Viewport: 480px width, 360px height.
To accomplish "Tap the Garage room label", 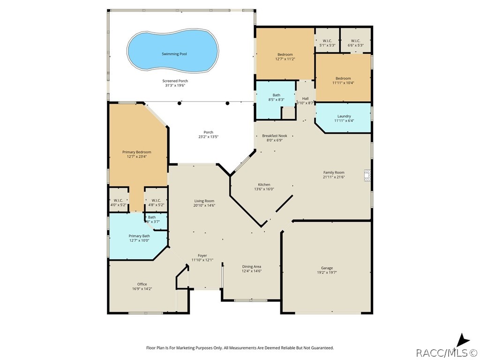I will click(327, 269).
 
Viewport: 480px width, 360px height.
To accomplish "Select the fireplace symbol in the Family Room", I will click(367, 174).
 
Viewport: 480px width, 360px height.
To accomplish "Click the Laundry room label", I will click(344, 116).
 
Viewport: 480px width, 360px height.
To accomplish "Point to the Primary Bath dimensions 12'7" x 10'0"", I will click(139, 240).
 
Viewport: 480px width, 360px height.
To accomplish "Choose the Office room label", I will click(142, 284).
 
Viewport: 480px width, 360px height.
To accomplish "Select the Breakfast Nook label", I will click(274, 135).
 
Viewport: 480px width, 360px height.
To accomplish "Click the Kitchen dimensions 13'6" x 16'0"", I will click(264, 189).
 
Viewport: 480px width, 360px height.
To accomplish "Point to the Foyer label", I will click(202, 255).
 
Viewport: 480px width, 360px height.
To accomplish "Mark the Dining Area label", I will click(251, 266).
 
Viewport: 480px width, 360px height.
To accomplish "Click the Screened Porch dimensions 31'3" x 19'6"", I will click(176, 85).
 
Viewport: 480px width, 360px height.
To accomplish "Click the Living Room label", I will click(204, 201).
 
